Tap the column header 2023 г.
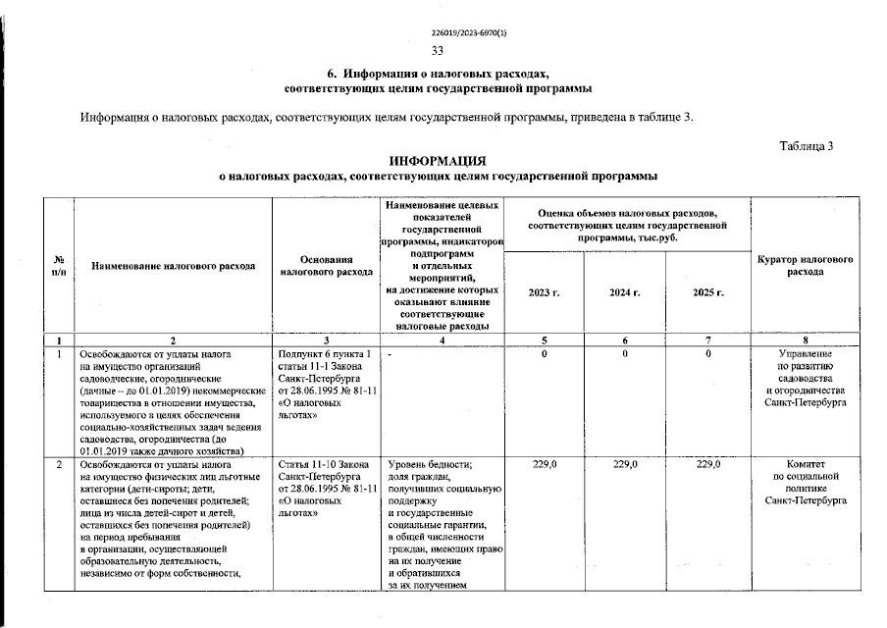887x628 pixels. point(543,292)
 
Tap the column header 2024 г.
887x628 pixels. point(624,292)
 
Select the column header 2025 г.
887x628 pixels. point(707,292)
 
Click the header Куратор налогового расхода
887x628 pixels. point(805,265)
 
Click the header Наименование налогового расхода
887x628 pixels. point(173,266)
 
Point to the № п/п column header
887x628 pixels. point(59,265)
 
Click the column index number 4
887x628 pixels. point(442,340)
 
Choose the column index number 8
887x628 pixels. point(805,340)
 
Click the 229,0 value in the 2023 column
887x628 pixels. point(543,463)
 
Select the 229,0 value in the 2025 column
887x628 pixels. point(707,463)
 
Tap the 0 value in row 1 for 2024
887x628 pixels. point(624,352)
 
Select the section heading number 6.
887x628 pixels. point(332,75)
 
